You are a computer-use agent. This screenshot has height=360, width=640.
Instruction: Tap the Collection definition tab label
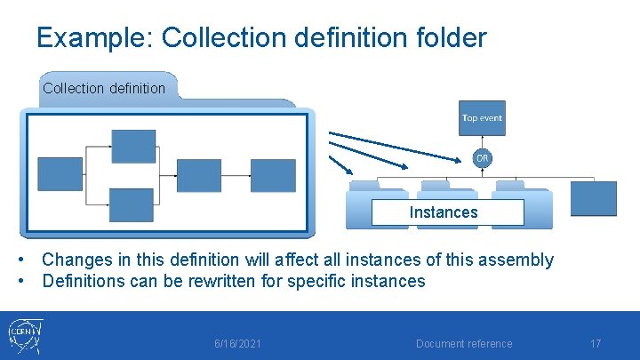point(104,88)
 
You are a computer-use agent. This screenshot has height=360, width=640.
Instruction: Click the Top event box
point(482,117)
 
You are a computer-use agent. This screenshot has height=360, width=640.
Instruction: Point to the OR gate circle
point(482,158)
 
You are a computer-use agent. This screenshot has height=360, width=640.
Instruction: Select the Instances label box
point(443,212)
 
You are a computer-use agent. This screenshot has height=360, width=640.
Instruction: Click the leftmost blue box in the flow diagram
point(60,173)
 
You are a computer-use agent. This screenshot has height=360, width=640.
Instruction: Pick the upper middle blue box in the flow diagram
point(132,147)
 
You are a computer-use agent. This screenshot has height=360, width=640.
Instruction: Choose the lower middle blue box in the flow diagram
point(132,204)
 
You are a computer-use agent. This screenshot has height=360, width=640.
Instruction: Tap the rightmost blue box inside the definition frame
point(273,175)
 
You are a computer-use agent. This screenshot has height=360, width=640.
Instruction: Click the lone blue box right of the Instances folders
point(593,198)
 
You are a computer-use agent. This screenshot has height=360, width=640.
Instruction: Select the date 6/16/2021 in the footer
point(237,344)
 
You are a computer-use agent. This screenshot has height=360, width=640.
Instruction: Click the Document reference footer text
point(464,344)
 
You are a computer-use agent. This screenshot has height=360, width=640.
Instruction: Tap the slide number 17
point(596,343)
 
